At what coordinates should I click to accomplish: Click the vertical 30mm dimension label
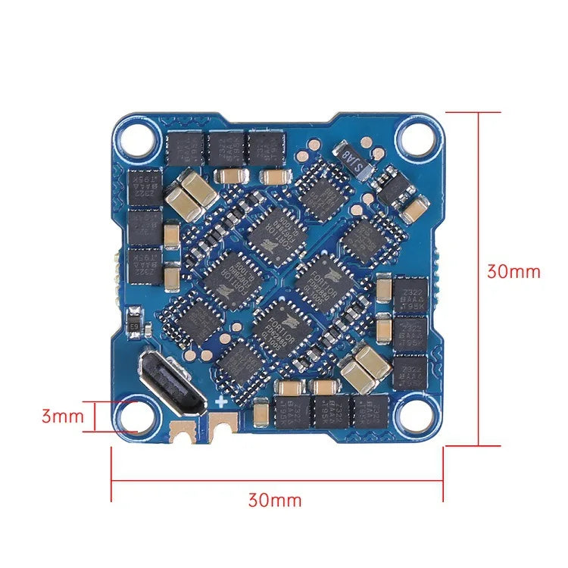point(513,271)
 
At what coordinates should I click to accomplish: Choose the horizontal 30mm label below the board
point(274,501)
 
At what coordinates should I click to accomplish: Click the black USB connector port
point(173,383)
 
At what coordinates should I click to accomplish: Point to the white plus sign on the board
point(221,401)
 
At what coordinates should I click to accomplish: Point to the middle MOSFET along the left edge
point(144,225)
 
